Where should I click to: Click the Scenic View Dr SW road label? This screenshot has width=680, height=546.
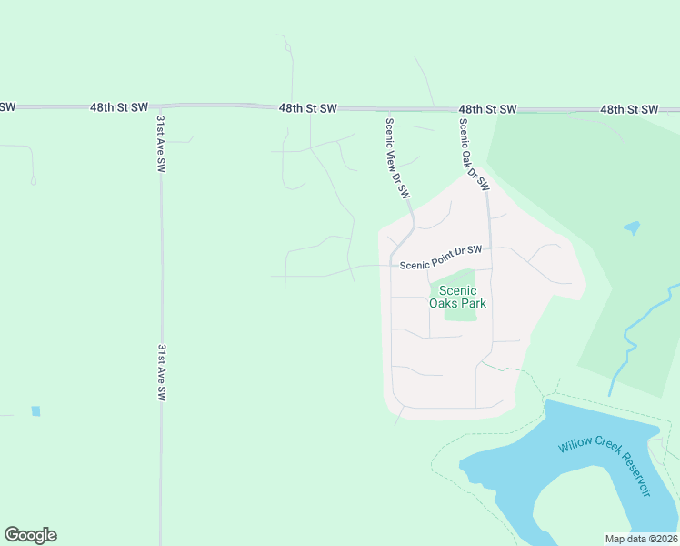398,159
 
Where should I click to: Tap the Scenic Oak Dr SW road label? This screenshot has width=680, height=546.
474,155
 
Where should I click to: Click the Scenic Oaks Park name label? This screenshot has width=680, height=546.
457,297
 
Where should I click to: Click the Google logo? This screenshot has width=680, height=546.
30,535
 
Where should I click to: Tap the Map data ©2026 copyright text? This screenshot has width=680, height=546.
641,539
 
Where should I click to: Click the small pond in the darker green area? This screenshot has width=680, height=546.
632,227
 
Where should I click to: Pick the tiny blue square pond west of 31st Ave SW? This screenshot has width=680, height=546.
35,410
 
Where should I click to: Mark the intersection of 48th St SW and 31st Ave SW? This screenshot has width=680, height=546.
160,107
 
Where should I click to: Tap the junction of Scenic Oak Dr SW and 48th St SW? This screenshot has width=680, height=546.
458,109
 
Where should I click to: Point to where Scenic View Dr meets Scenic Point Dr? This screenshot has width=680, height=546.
392,265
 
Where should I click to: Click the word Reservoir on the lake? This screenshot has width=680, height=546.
628,473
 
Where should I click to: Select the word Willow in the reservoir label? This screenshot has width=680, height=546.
575,444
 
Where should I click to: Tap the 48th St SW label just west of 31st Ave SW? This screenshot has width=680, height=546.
119,107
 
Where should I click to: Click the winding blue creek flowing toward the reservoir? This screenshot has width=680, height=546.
627,346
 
